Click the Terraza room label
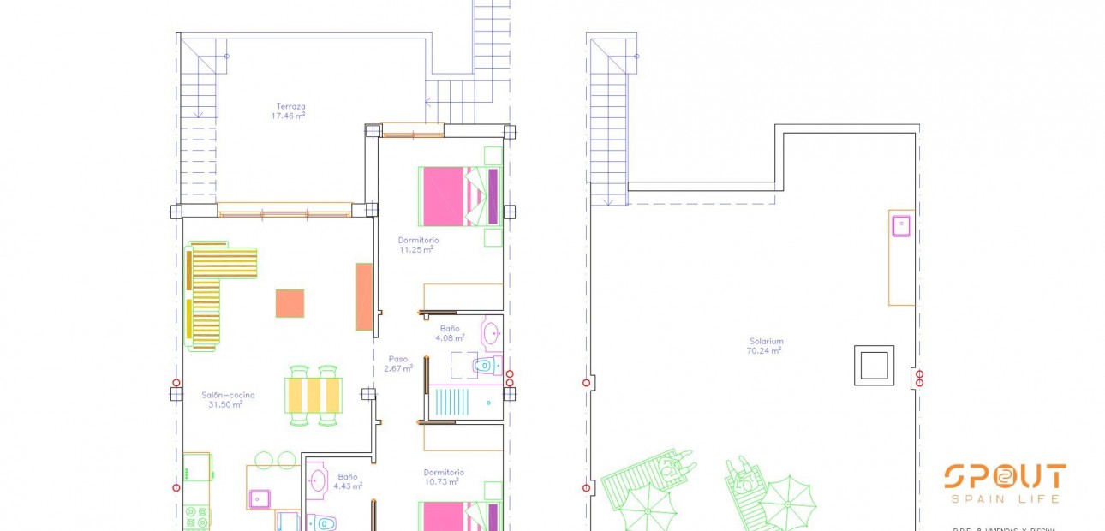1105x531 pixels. [x=290, y=106]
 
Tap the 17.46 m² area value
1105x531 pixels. [x=289, y=116]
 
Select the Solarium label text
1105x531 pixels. [x=765, y=340]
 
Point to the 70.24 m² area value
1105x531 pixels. [x=765, y=349]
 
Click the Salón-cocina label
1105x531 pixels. [x=228, y=395]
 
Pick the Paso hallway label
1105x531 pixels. [x=397, y=359]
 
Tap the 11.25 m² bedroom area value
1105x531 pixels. [x=415, y=250]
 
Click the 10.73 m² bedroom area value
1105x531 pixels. [x=442, y=481]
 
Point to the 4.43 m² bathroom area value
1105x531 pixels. [x=349, y=486]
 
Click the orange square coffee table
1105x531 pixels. [x=290, y=303]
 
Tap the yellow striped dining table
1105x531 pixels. [x=314, y=395]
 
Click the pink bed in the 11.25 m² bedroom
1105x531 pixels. [x=442, y=196]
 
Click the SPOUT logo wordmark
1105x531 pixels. [x=1005, y=477]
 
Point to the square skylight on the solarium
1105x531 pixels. [x=874, y=366]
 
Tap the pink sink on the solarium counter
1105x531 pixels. [x=900, y=225]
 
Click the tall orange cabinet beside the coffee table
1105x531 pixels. [x=364, y=296]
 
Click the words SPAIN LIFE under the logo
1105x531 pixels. [x=1005, y=499]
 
